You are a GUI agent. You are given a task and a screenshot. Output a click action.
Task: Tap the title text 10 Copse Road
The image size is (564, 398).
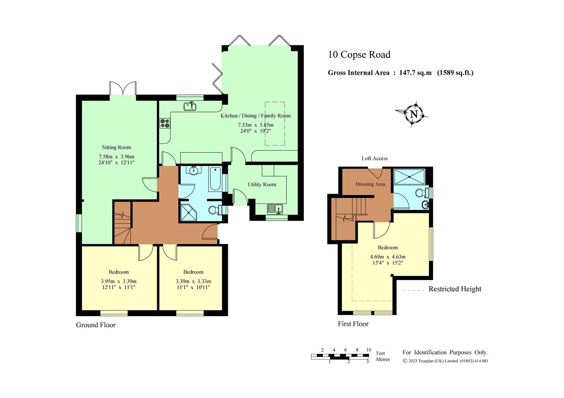point(359,55)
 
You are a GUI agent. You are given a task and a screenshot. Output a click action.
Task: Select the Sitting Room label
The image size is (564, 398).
point(116,147)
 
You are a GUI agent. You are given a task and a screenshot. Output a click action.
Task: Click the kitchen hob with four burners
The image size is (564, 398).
point(165,123)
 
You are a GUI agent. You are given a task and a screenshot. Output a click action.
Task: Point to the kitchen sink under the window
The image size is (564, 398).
point(190,107)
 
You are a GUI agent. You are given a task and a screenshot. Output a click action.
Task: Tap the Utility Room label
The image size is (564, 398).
point(262,184)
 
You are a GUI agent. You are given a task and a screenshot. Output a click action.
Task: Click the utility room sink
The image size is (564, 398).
point(275,209)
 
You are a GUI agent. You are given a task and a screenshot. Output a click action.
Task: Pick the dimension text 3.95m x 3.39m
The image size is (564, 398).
point(118,281)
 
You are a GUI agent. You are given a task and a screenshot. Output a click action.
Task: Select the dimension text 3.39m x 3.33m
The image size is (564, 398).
point(193,281)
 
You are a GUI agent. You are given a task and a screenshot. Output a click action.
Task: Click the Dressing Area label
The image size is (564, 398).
point(370,184)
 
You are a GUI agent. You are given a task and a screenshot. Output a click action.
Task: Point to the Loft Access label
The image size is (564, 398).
point(374,158)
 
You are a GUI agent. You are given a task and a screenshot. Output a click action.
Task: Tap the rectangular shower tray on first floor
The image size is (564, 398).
point(410,177)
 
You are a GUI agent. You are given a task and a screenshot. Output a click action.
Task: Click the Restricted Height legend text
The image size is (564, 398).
point(455,289)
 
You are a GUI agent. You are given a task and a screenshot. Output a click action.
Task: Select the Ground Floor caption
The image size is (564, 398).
point(96,325)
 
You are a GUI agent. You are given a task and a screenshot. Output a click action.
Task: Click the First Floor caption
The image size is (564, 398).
point(353,324)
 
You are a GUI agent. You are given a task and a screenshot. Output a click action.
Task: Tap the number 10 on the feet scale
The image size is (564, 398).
point(368,350)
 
